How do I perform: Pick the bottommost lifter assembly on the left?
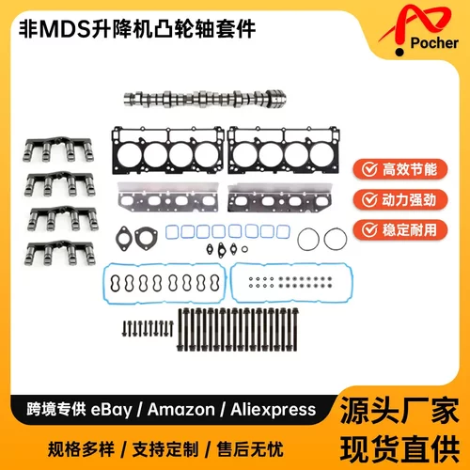coord(65,251)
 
